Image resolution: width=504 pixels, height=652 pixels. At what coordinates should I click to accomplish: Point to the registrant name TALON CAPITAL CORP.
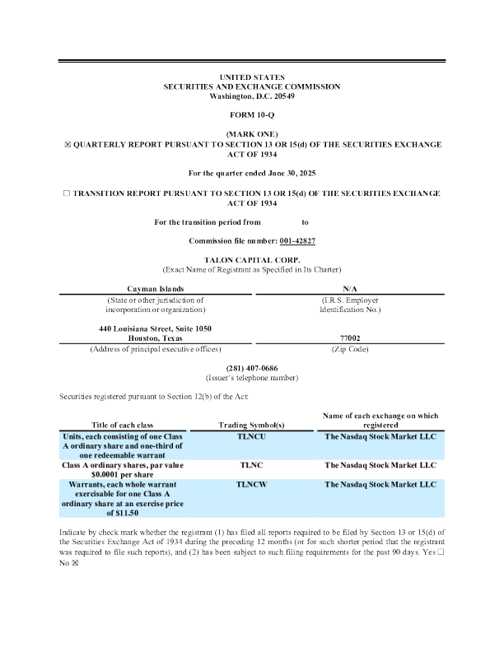[251, 259]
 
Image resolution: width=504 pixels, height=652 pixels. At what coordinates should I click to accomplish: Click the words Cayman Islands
[155, 289]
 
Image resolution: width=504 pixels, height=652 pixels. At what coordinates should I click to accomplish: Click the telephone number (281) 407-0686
[251, 367]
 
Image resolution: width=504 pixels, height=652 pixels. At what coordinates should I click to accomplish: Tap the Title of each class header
[123, 426]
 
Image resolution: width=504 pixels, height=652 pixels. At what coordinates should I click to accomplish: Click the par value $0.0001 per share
[123, 474]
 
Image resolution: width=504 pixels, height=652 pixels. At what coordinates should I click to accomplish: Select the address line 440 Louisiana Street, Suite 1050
[155, 328]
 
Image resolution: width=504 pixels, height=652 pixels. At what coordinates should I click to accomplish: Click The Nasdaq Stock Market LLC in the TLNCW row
[380, 485]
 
